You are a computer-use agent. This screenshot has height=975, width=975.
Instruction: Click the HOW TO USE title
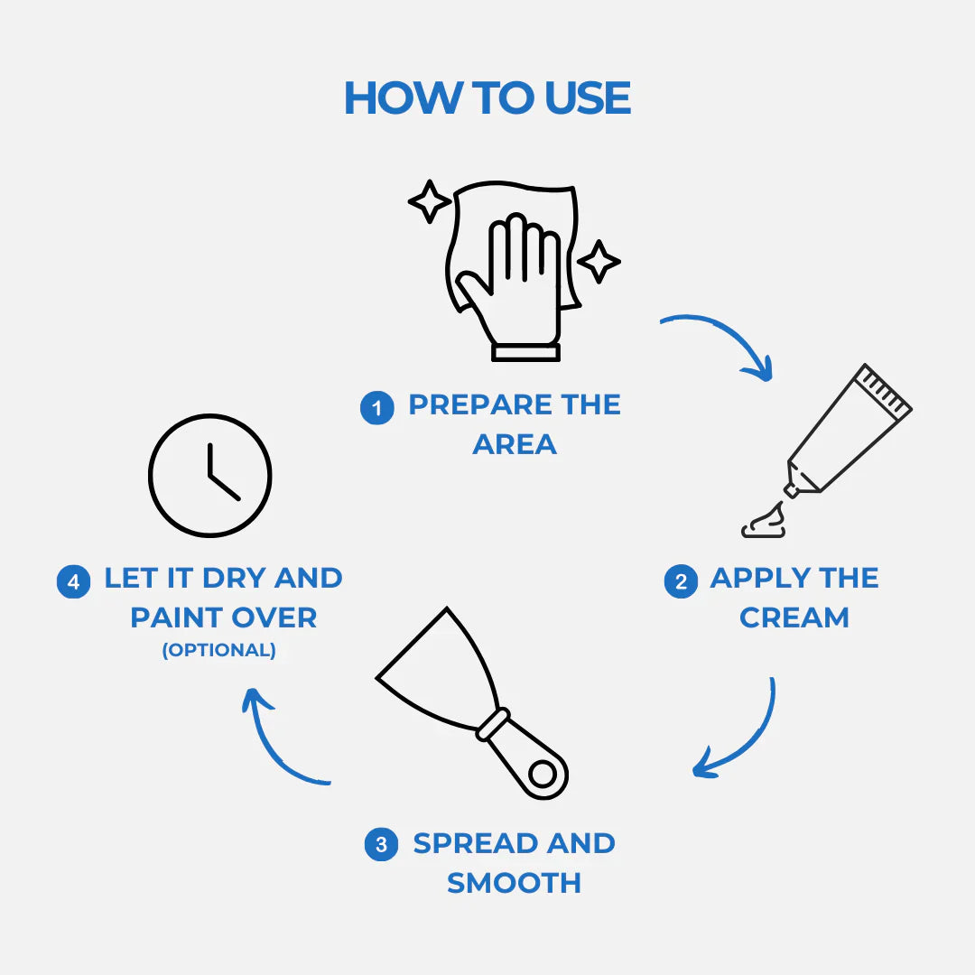coord(487,97)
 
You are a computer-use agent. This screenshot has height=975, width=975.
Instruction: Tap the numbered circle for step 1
coord(376,408)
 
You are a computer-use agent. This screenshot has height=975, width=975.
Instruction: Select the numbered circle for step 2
coord(681,581)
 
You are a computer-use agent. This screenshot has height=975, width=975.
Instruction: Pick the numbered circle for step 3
coord(381,845)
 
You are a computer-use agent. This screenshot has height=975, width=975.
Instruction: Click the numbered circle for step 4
coord(73,581)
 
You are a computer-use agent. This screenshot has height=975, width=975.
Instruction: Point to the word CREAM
coord(794,618)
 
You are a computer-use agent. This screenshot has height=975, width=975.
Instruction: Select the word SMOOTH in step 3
coord(514,883)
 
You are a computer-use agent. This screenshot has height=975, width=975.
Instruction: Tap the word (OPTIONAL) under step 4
coord(218,650)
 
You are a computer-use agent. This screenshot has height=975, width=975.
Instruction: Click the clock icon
coord(209,476)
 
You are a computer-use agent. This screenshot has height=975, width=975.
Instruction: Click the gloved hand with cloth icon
coord(511,271)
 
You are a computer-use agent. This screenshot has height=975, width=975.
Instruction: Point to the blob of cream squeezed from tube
coord(764,523)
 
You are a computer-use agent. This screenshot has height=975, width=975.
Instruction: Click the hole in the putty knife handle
coord(542,774)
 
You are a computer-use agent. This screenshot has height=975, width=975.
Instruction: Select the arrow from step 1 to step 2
coord(722,341)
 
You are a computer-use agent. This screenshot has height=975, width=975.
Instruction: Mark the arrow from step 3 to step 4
coord(275,740)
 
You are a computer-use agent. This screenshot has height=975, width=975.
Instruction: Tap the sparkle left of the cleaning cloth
coord(429,201)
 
